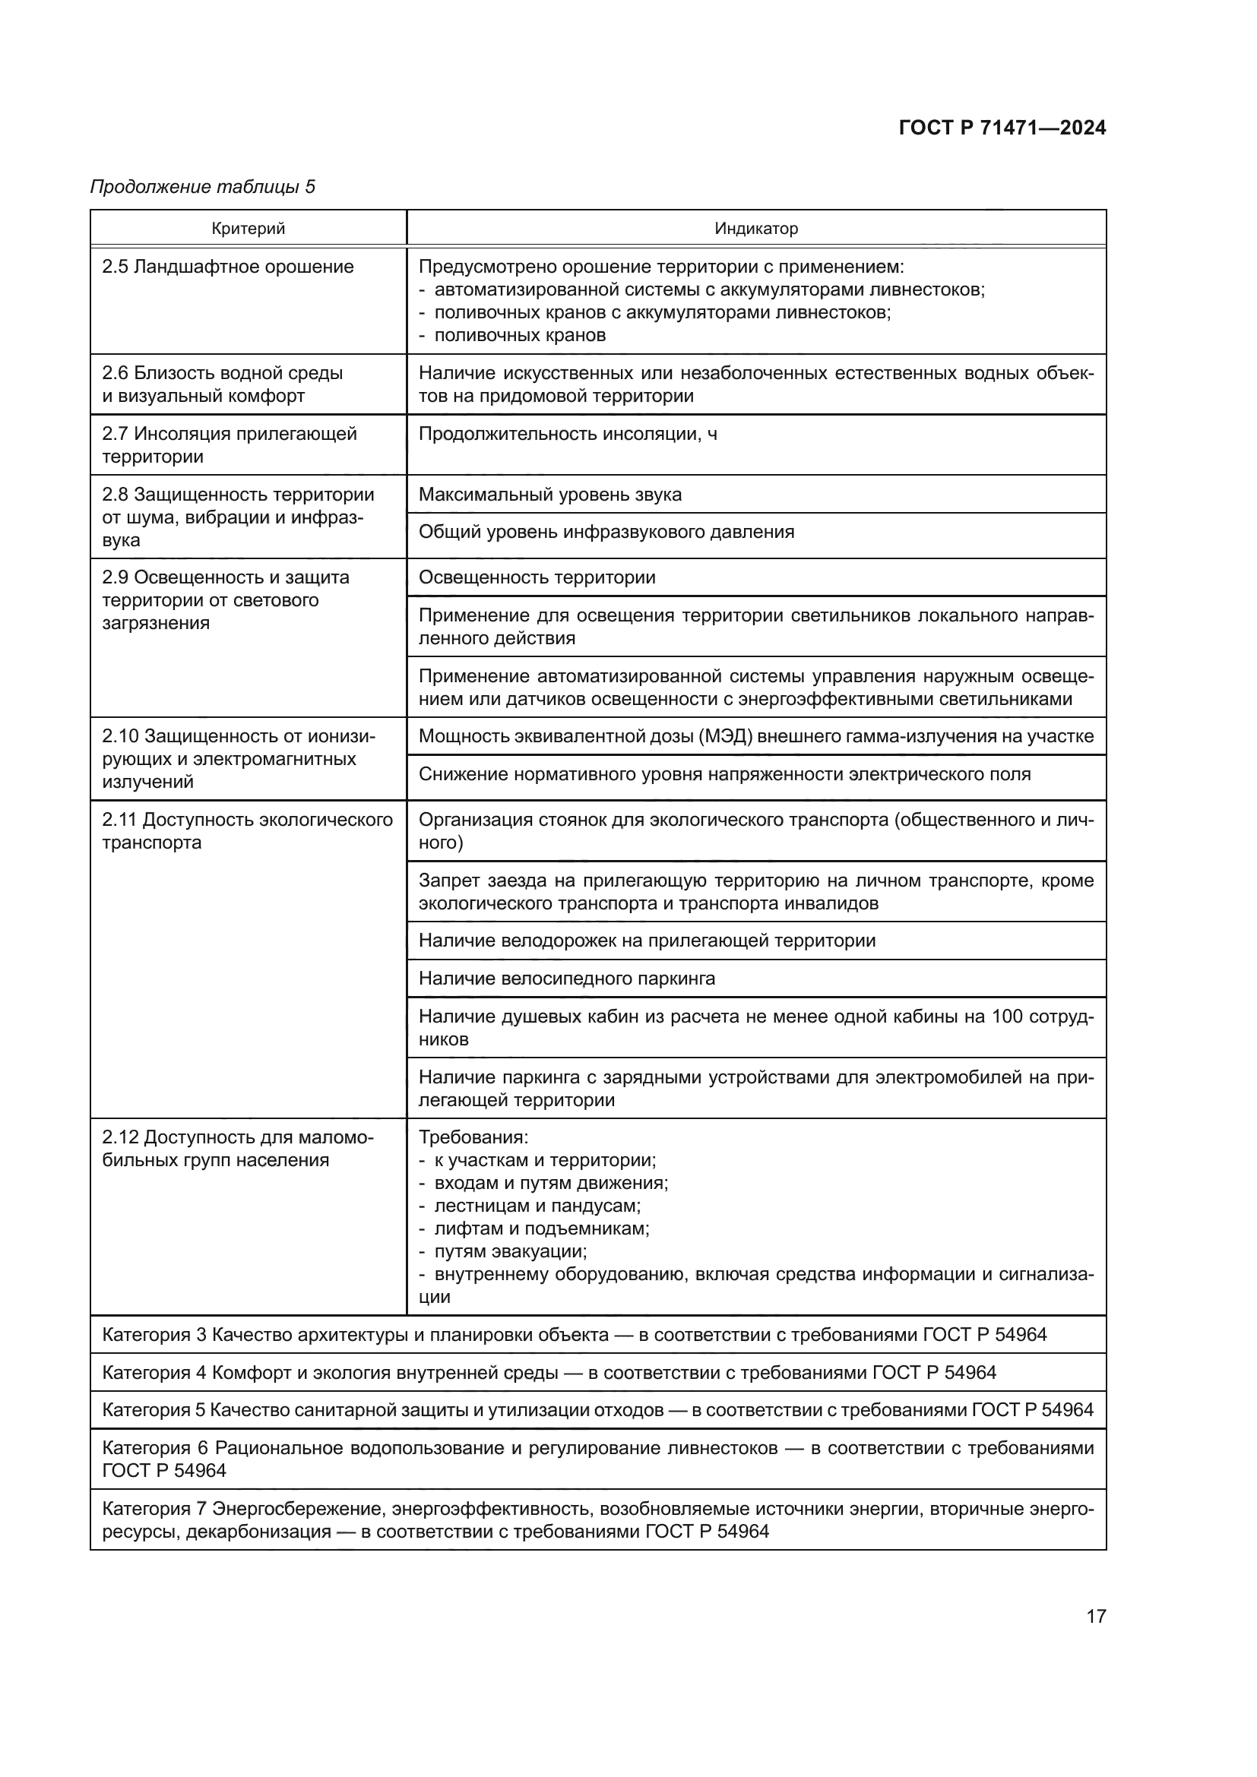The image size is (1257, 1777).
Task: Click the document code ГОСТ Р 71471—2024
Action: [1002, 128]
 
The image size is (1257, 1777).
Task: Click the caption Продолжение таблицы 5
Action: [203, 187]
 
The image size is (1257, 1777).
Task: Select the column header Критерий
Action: [248, 229]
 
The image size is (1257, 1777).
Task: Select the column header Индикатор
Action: [755, 229]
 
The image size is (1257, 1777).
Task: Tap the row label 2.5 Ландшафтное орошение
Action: [227, 267]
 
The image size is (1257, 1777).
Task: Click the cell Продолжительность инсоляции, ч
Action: [568, 435]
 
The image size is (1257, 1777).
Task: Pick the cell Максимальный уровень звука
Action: [549, 495]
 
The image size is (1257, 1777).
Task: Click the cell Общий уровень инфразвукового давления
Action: [606, 532]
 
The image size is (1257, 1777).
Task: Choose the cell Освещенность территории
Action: [537, 577]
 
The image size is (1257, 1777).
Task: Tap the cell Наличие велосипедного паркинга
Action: [567, 979]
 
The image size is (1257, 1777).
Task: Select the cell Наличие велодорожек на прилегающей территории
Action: [646, 941]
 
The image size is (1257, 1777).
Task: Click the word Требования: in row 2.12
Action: [473, 1138]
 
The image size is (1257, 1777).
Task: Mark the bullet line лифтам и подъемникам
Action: [541, 1228]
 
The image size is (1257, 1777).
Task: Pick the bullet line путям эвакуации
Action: [510, 1251]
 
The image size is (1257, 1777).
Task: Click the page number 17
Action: [1095, 1616]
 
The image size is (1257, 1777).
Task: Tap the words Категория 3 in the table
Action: [155, 1335]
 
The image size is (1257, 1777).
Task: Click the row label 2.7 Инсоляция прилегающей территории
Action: [229, 445]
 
